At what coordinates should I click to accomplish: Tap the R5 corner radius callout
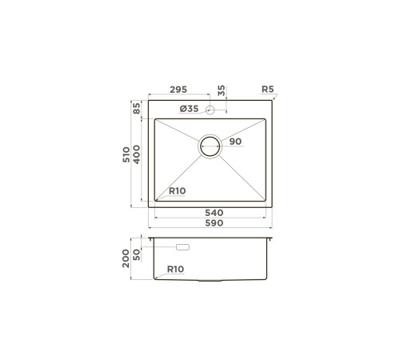click(x=267, y=90)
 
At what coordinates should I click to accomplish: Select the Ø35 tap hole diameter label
click(x=190, y=109)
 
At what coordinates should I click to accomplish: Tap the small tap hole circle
click(x=210, y=109)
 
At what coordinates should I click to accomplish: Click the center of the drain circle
click(x=210, y=146)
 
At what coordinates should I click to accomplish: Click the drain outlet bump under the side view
click(x=210, y=282)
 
